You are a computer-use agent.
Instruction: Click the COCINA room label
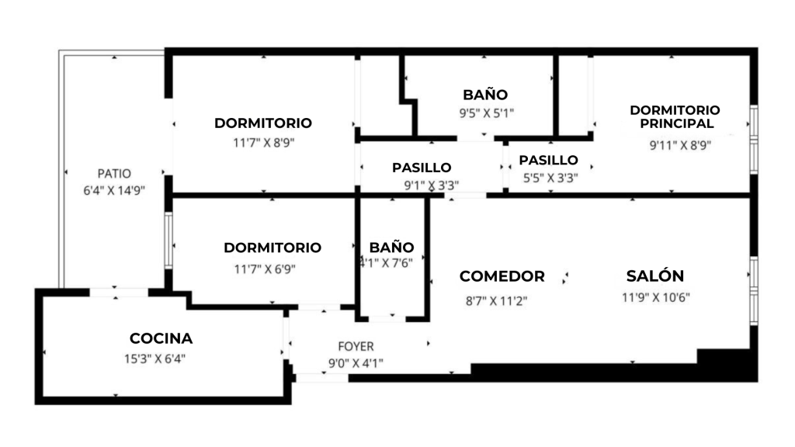161,338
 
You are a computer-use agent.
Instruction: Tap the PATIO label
114,174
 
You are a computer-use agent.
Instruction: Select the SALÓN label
655,275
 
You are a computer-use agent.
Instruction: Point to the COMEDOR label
502,276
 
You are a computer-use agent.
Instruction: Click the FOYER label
356,346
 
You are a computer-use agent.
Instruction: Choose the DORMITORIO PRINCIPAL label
675,116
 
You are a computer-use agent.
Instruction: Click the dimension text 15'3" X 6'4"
154,359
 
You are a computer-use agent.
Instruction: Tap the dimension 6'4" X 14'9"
114,189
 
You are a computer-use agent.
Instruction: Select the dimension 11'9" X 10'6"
655,296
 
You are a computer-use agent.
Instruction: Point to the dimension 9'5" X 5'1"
486,113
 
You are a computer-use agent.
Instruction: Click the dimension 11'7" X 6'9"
264,269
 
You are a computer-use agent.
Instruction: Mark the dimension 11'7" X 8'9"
263,143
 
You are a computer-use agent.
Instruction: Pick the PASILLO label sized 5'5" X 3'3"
548,160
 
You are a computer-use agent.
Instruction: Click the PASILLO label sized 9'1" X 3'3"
422,168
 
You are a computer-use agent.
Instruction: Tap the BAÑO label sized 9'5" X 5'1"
485,95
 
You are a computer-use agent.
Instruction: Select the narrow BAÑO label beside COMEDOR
391,247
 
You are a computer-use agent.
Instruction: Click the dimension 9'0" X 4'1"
356,362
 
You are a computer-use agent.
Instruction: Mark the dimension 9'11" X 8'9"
680,144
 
